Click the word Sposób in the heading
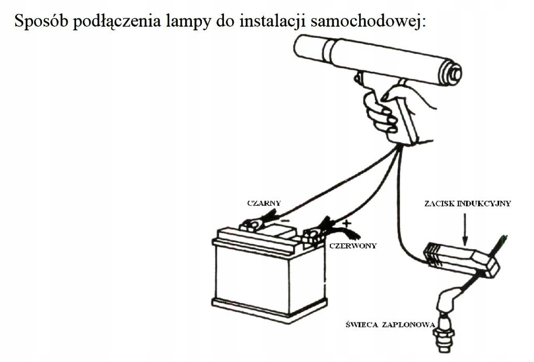coord(41,21)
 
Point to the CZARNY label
coord(264,203)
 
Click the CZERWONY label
coord(353,246)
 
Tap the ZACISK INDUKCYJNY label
coord(468,204)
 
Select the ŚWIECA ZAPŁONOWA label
coord(390,325)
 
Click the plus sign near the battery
coord(347,223)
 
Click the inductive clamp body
coord(462,260)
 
